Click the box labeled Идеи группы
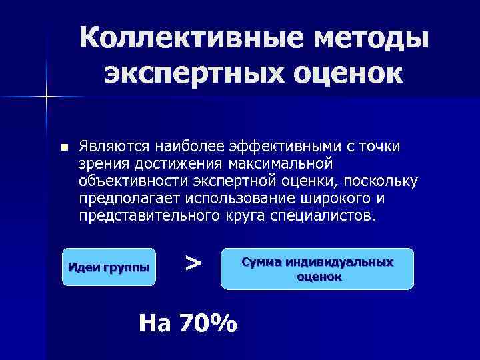[x=109, y=267]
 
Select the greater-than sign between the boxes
[x=193, y=262]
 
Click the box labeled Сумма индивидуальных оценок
[x=317, y=269]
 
